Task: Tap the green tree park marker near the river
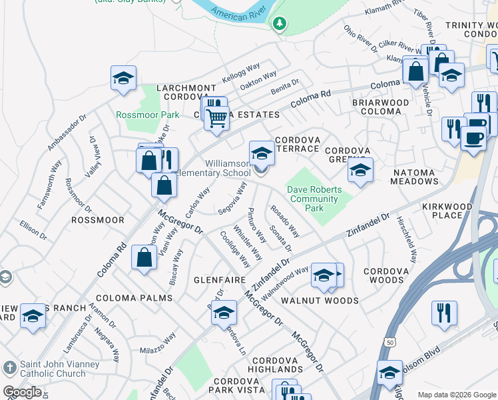coord(280,24)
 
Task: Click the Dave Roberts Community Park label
coord(314,199)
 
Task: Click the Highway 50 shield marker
coord(387,342)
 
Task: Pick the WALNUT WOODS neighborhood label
coord(320,301)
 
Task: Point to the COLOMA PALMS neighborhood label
coord(134,297)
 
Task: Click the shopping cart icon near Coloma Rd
coord(216,117)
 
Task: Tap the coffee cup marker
coord(473,139)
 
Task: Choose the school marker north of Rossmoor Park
coord(123,77)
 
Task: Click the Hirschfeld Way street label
coord(407,237)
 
